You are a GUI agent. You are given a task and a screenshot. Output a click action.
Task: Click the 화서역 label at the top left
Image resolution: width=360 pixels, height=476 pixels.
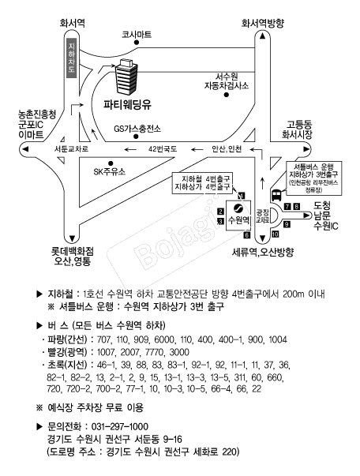pyautogui.click(x=72, y=24)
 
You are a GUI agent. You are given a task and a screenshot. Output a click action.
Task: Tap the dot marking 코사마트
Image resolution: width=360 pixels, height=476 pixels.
pyautogui.click(x=137, y=43)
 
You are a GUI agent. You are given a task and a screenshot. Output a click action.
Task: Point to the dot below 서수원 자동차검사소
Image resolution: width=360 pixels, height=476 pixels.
pyautogui.click(x=226, y=95)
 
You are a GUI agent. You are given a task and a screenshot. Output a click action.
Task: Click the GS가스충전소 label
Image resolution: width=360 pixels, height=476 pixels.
pyautogui.click(x=137, y=129)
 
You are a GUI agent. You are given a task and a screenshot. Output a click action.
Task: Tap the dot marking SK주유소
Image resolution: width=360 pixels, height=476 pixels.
pyautogui.click(x=111, y=163)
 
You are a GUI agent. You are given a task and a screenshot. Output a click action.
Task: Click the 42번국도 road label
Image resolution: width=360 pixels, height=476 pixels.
pyautogui.click(x=163, y=149)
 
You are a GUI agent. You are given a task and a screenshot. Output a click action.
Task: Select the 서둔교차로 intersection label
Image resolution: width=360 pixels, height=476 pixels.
pyautogui.click(x=71, y=149)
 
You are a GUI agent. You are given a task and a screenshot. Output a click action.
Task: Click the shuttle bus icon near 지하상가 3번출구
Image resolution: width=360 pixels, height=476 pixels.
pyautogui.click(x=276, y=195)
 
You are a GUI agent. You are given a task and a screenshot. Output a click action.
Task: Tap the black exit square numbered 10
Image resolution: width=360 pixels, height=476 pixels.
pyautogui.click(x=275, y=234)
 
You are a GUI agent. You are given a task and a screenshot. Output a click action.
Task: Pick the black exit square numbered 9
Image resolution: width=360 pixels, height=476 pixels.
pyautogui.click(x=287, y=224)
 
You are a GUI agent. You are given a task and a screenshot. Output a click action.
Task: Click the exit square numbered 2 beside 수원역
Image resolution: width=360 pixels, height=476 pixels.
pyautogui.click(x=221, y=212)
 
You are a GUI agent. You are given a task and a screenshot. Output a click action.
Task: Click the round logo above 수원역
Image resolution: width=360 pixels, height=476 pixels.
pyautogui.click(x=238, y=208)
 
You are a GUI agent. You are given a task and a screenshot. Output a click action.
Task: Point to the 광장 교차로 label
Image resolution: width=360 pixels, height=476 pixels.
pyautogui.click(x=262, y=216)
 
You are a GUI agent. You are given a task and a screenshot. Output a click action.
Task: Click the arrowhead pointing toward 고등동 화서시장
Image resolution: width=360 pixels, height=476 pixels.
pyautogui.click(x=306, y=149)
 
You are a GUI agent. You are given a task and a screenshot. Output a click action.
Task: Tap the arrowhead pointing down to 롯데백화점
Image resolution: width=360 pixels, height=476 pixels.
pyautogui.click(x=72, y=238)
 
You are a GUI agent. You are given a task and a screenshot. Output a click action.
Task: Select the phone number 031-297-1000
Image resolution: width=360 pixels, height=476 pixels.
pyautogui.click(x=119, y=426)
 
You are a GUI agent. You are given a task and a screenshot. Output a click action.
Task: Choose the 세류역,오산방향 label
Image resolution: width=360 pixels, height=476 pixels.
pyautogui.click(x=263, y=252)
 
